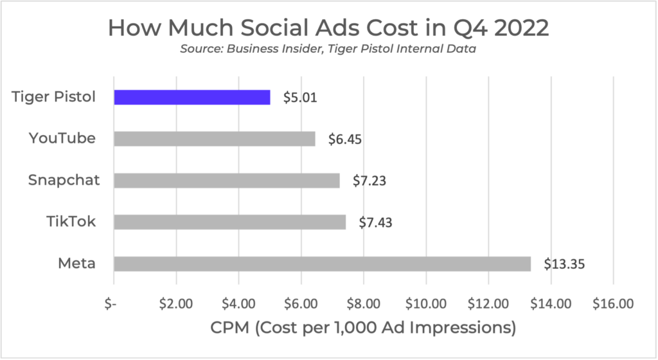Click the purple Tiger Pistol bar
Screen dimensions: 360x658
192,97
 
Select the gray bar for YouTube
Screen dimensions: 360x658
215,139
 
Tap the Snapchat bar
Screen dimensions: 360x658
227,181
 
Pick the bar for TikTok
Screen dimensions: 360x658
230,222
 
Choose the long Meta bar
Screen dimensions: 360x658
322,264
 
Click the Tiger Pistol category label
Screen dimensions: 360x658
53,97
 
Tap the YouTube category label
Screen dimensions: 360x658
62,138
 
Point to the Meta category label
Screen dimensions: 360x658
76,263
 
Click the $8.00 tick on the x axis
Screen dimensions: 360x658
364,303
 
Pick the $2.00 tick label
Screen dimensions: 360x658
176,303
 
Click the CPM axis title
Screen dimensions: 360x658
363,328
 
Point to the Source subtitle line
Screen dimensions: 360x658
328,50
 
